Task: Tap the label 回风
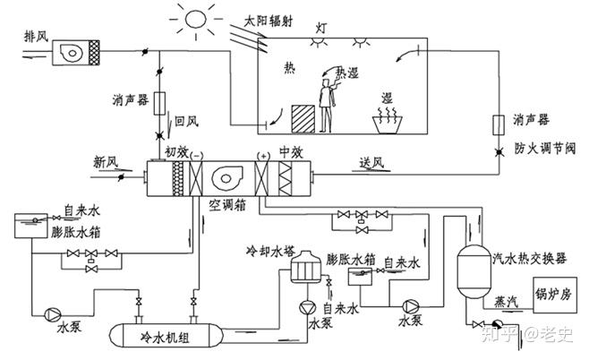[186, 118]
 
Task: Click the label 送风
[371, 162]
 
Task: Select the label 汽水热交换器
[530, 259]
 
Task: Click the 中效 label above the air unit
[291, 150]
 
